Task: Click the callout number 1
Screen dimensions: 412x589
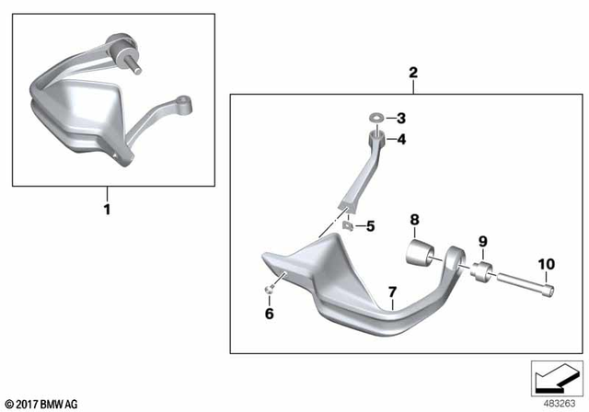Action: [107, 210]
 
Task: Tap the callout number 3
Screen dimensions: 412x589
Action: [401, 118]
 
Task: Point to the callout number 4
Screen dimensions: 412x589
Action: [401, 140]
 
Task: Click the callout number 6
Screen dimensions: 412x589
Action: [270, 314]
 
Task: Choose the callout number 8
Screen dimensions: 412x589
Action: [414, 221]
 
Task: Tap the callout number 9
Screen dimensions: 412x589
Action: [479, 244]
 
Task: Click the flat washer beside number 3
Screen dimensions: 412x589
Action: [376, 118]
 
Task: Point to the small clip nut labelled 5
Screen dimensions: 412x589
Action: [348, 225]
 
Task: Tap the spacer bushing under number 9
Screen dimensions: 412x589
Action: [479, 272]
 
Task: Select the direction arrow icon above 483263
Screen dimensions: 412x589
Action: [556, 377]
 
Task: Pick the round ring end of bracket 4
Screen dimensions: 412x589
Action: [377, 139]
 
